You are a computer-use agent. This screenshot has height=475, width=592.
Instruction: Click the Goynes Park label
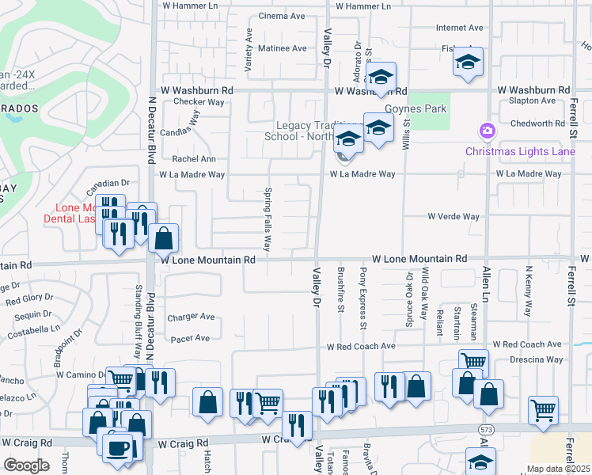(415, 109)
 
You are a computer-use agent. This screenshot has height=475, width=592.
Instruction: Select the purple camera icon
(487, 130)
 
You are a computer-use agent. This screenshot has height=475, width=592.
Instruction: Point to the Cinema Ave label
(282, 16)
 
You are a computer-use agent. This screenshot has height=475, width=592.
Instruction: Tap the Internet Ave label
(459, 28)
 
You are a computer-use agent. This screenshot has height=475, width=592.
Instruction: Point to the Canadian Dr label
(108, 183)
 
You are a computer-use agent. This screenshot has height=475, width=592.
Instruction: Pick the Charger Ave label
(191, 317)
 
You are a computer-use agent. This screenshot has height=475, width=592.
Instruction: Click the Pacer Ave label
(190, 338)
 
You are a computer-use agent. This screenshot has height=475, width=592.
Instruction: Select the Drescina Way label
(536, 359)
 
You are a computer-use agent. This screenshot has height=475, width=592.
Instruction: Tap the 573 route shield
(484, 427)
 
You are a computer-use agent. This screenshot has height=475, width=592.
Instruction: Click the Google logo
(26, 465)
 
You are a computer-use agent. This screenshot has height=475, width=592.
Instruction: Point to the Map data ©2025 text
(558, 469)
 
